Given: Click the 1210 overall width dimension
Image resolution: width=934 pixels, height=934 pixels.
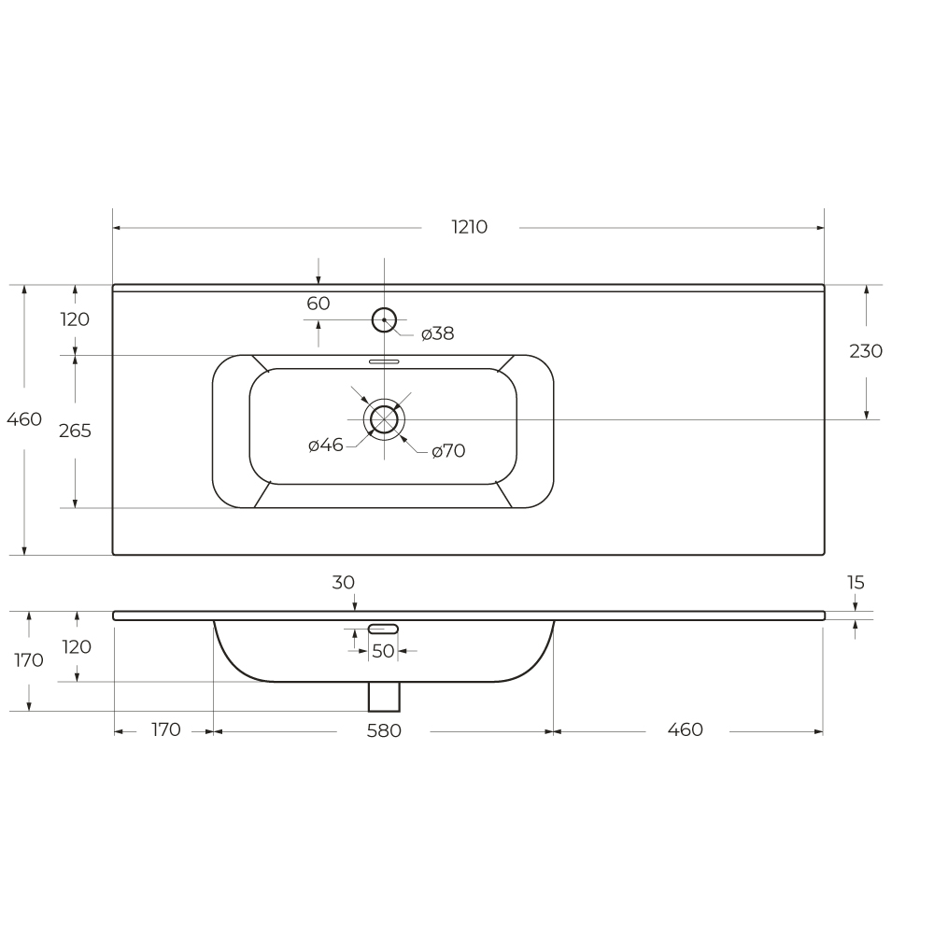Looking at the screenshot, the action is coord(470,227).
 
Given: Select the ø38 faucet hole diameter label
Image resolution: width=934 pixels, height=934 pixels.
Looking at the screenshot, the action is coord(438,333).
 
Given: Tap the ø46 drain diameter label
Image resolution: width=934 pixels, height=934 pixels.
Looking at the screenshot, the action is coord(326,445).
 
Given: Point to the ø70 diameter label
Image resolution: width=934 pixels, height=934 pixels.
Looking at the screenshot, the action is coord(448,451).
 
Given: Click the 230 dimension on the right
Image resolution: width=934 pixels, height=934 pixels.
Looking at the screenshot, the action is coord(866,351).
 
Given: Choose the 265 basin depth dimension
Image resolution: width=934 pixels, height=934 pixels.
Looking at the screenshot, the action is coord(75,431).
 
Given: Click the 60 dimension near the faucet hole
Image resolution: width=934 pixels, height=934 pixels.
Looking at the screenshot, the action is coord(318,304).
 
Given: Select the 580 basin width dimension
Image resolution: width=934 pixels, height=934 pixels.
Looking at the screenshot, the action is coord(384,730).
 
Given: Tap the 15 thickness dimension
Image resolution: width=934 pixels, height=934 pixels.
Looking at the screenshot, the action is coord(856,583).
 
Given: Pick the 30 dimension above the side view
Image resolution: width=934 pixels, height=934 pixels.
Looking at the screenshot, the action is coord(343,583).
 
